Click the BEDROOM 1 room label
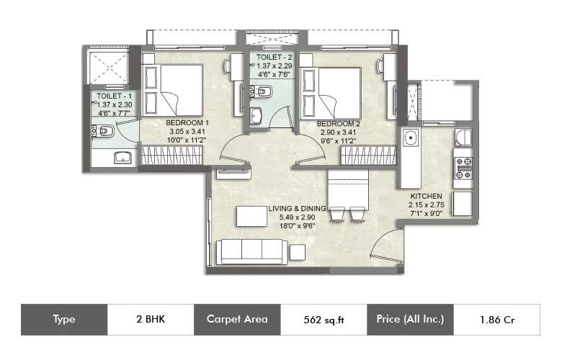click(x=187, y=123)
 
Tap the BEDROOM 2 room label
click(x=339, y=124)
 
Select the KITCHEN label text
click(x=426, y=197)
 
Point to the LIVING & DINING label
click(x=297, y=209)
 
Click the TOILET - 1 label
click(x=114, y=96)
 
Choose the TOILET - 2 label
click(x=275, y=58)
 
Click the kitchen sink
click(x=411, y=138)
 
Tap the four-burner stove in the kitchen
click(x=463, y=168)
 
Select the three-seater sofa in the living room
click(x=251, y=252)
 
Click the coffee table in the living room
click(x=251, y=216)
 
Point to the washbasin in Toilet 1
click(x=122, y=158)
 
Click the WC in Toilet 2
click(x=262, y=91)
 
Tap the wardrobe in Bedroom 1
click(x=172, y=155)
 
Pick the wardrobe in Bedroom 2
click(x=368, y=155)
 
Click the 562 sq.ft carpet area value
click(x=324, y=320)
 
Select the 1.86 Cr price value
click(x=497, y=320)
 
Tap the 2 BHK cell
click(x=151, y=319)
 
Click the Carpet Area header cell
click(x=237, y=320)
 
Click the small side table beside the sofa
click(x=298, y=252)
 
